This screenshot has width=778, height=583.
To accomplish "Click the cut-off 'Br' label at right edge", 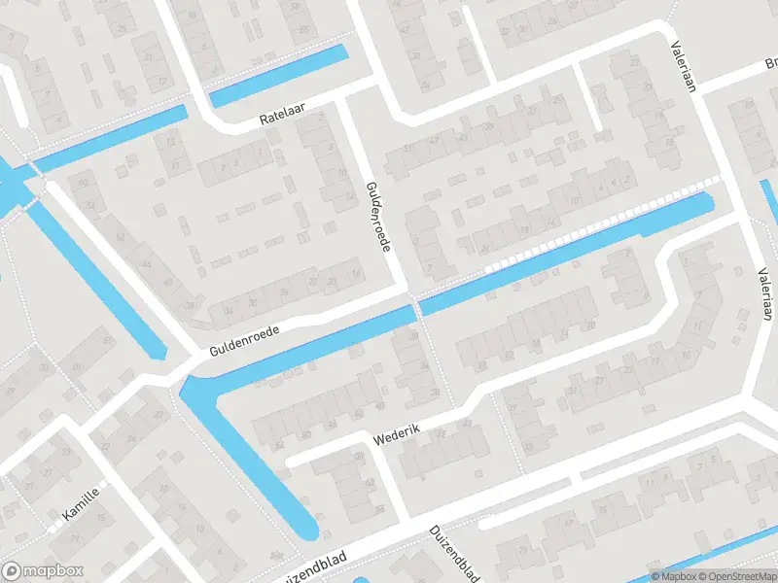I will (770, 65).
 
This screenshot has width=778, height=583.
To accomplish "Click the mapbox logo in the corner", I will (43, 571).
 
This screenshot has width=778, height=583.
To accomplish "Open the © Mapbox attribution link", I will (674, 575).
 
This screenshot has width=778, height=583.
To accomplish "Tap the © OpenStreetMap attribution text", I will (736, 575).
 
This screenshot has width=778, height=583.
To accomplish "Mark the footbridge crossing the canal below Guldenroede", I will (416, 309).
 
